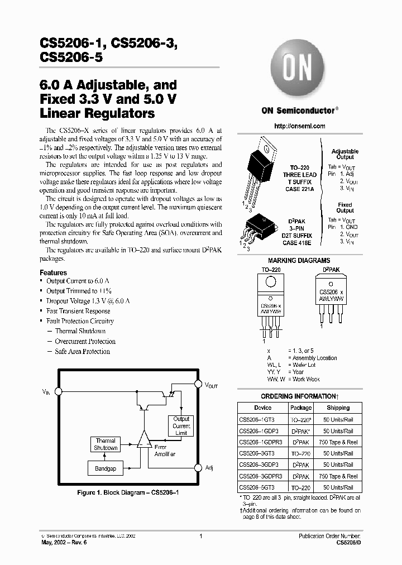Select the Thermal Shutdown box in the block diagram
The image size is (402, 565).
[x=105, y=444]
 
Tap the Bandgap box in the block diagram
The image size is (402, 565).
[x=105, y=468]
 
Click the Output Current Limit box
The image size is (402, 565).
[x=181, y=426]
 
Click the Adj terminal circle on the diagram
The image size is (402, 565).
[x=197, y=467]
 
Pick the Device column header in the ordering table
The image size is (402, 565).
[x=255, y=408]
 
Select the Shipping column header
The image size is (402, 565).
[x=338, y=408]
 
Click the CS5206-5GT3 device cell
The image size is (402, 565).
[x=255, y=488]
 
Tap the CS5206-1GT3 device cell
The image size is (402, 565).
[x=255, y=420]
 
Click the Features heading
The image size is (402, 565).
[x=54, y=272]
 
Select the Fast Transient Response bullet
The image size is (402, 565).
[x=78, y=311]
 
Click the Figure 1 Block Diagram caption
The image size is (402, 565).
[x=127, y=494]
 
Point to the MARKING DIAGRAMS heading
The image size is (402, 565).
[x=299, y=260]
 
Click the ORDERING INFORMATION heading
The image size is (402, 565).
[x=299, y=396]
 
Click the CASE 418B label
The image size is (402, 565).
[x=298, y=243]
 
